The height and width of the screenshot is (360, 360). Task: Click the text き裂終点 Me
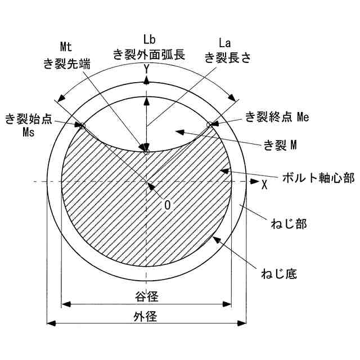tap(277, 117)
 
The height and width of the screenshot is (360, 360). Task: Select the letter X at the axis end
tap(264, 183)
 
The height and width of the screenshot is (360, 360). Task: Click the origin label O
tap(167, 205)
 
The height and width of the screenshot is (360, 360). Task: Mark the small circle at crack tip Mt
tap(146, 151)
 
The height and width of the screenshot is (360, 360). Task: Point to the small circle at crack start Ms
tap(82, 126)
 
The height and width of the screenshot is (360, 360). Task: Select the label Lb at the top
tap(149, 39)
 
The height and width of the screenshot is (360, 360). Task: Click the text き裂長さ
tap(227, 56)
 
